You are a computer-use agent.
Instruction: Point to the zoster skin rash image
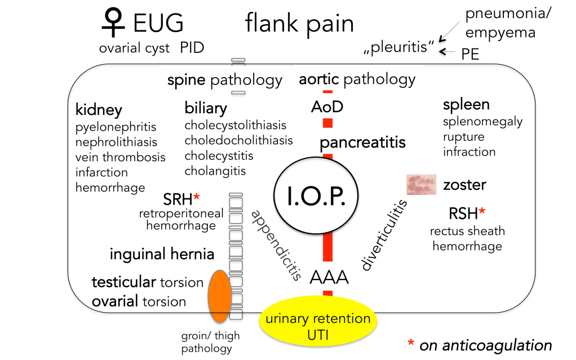click(x=422, y=184)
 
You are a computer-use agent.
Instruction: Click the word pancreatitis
click(x=362, y=143)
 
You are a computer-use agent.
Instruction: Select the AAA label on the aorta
click(x=329, y=277)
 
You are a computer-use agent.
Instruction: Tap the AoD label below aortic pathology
click(x=327, y=106)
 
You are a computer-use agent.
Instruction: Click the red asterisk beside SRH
click(x=197, y=198)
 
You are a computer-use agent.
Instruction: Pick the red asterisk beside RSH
click(x=482, y=212)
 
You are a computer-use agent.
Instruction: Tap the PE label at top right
click(x=471, y=54)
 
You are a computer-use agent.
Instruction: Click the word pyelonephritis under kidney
click(x=116, y=127)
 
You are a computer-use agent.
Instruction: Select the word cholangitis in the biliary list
click(x=215, y=171)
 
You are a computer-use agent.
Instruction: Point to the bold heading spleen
click(x=466, y=104)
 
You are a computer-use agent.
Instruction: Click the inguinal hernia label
click(x=162, y=254)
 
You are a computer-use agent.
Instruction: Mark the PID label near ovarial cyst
click(x=192, y=48)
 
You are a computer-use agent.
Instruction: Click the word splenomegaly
click(x=482, y=122)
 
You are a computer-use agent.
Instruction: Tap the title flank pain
click(x=299, y=24)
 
